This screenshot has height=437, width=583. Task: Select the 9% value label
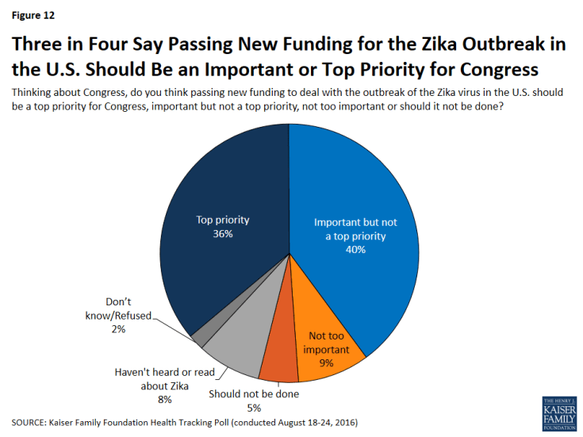[x=325, y=364]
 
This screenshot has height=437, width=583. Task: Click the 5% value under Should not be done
[x=254, y=407]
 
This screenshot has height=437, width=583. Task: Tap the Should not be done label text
[x=254, y=394]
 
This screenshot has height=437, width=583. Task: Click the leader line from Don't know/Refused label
[x=176, y=326]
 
